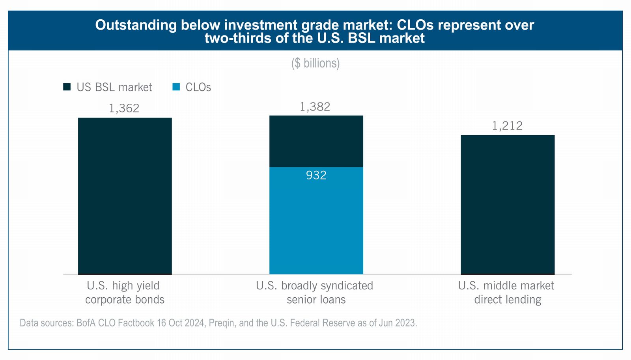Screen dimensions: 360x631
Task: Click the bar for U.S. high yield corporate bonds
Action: pos(125,196)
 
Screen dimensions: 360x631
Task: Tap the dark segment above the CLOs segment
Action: pos(316,141)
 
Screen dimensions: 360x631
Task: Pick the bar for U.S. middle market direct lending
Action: pos(508,205)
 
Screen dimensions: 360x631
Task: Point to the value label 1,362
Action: pos(124,108)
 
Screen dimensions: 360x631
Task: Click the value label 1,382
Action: pos(315,107)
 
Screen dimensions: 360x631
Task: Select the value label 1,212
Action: pos(507,126)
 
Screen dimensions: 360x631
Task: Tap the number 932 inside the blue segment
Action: pos(316,175)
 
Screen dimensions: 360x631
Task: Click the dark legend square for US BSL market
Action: pos(67,87)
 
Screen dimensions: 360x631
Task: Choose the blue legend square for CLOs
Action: pos(176,87)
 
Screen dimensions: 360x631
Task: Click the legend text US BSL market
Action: pos(114,87)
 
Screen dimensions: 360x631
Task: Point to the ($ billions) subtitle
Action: pos(315,63)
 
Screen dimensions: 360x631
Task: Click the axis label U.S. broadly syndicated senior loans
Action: pos(315,292)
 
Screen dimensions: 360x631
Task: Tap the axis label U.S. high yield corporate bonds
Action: pos(124,292)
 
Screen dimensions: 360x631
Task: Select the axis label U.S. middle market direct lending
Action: pos(506,292)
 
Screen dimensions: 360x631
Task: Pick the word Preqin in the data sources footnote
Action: pos(222,323)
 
